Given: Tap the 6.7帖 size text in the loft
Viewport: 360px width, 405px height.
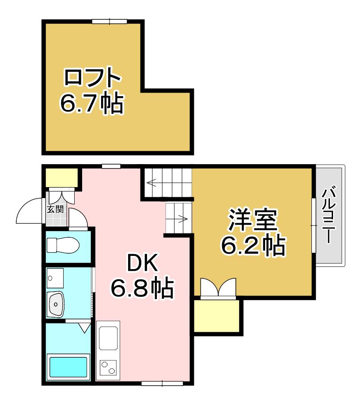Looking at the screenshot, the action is [92, 103].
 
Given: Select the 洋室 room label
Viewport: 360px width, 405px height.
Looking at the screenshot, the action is [252, 220].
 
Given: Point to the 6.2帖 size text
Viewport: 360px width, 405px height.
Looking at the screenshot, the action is [253, 245].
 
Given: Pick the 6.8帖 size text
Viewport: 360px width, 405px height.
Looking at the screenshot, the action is [142, 288].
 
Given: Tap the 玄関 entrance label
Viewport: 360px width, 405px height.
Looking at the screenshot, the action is [55, 209].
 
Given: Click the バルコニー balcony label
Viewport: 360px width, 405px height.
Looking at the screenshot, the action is [329, 216].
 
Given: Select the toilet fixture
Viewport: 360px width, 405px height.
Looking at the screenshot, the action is [63, 245].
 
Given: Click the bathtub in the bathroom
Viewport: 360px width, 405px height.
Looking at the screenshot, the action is [68, 367].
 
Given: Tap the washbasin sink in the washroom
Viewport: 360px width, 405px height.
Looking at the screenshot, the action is [56, 304].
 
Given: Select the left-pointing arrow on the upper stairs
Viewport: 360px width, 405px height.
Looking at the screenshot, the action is [155, 183].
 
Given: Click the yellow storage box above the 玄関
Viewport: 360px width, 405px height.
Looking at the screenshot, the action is [62, 177].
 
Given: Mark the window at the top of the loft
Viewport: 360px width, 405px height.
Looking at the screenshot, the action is [110, 21].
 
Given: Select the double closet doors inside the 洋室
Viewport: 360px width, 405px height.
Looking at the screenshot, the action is [219, 287].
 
